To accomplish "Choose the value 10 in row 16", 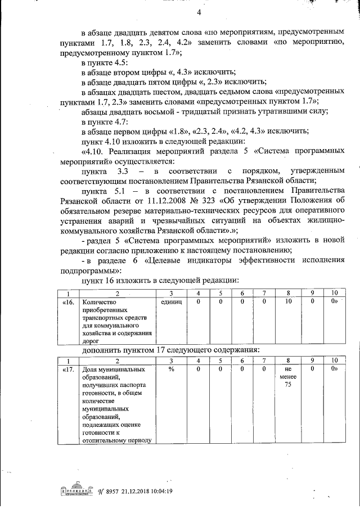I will click(287, 302).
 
